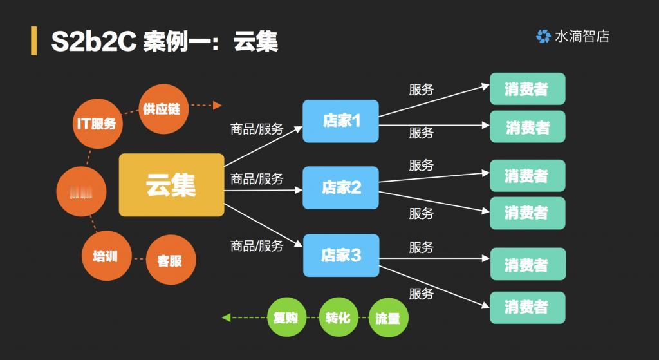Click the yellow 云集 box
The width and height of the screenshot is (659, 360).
pos(171,185)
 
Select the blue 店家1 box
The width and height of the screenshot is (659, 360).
pos(340,120)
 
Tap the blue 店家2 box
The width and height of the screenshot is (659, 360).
pos(341,187)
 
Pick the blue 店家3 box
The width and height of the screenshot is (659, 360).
pos(341,255)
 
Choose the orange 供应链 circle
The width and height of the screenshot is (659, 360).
pos(162,109)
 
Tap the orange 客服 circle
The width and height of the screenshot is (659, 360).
pos(169,260)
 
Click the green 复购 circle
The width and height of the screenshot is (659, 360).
pos(285,317)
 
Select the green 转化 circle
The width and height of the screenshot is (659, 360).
pos(337,317)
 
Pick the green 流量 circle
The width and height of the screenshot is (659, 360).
pos(388,317)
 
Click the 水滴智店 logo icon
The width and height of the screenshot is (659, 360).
pos(543,37)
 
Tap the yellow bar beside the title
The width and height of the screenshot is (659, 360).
pos(33,42)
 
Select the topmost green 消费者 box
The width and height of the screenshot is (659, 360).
pos(527,89)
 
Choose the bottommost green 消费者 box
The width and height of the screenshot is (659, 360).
pos(527,307)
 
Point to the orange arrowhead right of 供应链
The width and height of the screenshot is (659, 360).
pos(217,105)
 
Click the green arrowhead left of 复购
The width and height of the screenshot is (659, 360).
pos(226,317)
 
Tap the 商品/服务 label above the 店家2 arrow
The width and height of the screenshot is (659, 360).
pos(257,179)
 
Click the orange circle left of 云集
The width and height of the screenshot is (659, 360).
pos(80,191)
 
